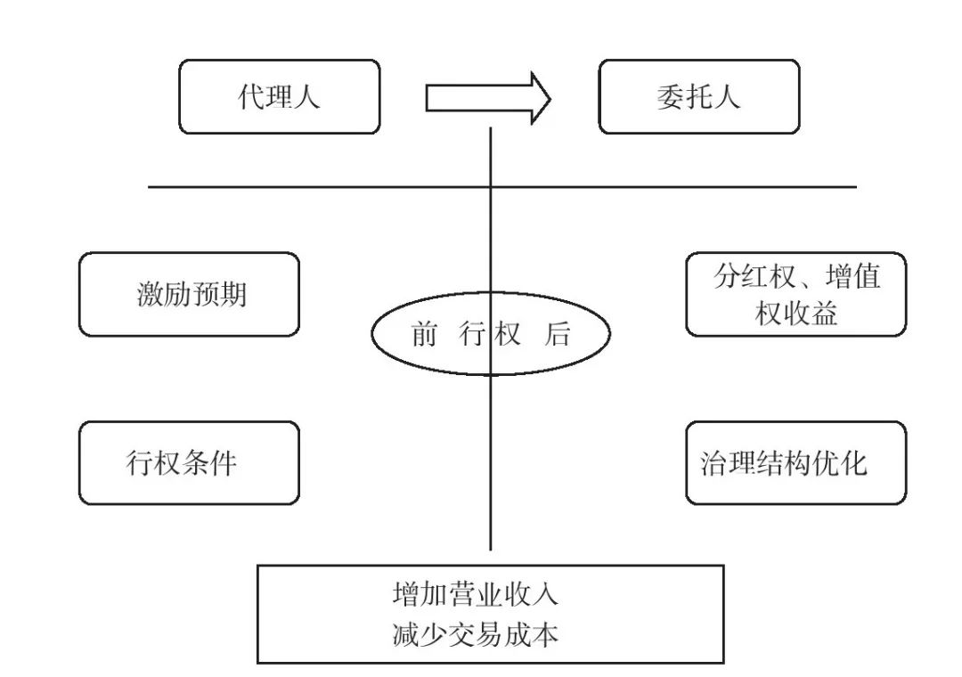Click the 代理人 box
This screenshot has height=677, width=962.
pos(279,97)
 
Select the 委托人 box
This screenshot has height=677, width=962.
pos(698,97)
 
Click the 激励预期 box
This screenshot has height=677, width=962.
pos(189,294)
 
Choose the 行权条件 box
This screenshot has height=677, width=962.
pos(189,463)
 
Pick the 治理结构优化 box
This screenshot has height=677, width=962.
pos(795,463)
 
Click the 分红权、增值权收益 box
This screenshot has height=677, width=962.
pos(795,294)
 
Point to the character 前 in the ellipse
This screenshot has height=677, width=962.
pos(425,335)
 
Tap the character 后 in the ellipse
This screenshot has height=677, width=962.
pos(557,335)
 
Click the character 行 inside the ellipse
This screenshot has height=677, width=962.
pos(473,335)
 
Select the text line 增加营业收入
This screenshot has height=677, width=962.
pos(476,593)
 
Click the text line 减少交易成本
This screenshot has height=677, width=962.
pos(476,635)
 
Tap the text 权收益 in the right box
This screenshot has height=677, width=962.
pos(796,314)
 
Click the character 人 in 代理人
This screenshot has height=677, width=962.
pos(306,97)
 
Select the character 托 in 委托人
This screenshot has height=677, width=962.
pos(698,97)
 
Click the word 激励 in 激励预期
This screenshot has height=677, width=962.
pos(164,294)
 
